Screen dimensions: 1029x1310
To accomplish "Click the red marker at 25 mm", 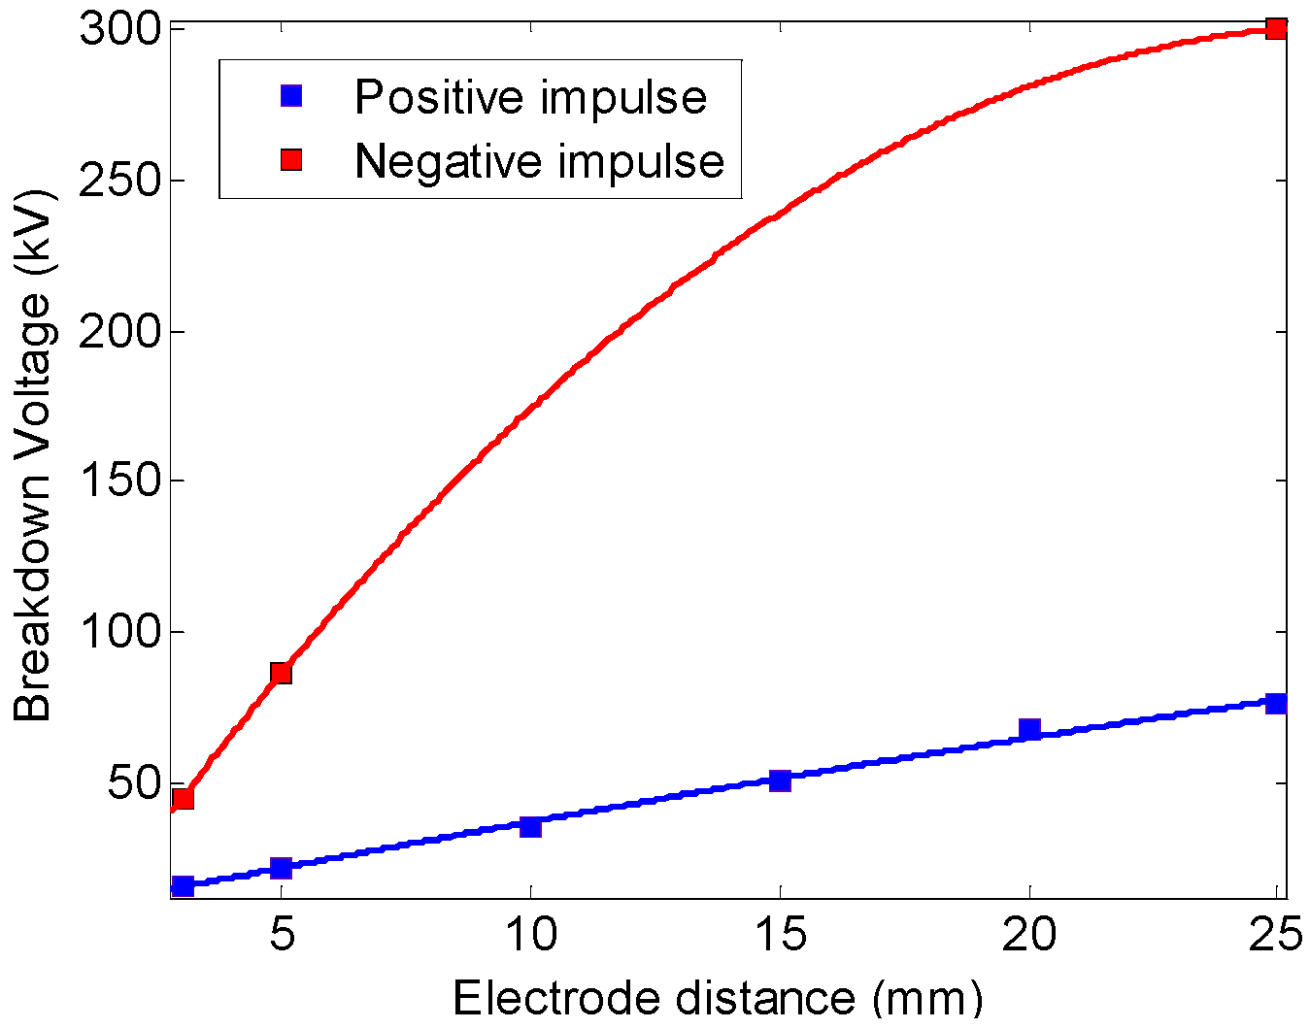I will (1275, 29).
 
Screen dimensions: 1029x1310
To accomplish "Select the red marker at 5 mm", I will (281, 673).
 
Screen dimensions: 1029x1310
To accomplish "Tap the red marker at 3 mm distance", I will (182, 799).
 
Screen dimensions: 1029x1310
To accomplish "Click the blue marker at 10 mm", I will (530, 826).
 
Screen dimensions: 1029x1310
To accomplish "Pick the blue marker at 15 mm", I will (780, 780).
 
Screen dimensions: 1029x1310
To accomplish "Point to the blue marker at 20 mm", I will (1029, 729).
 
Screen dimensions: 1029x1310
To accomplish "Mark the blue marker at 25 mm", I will (1275, 703).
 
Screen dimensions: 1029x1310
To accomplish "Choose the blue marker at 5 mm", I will (281, 867).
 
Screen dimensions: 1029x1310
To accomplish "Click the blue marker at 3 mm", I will (182, 885).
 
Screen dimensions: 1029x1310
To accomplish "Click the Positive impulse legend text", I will (530, 97).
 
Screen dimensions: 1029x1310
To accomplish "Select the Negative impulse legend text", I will (539, 161).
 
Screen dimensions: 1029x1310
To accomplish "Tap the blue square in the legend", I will (291, 96).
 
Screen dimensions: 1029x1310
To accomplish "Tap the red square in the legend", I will (291, 160).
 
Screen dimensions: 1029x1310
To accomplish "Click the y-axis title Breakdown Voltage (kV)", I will (33, 456).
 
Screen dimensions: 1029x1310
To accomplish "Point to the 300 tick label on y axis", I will (118, 30).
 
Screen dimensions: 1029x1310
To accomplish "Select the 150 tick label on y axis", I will (118, 481).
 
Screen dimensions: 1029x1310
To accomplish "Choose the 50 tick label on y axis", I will (132, 783).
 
